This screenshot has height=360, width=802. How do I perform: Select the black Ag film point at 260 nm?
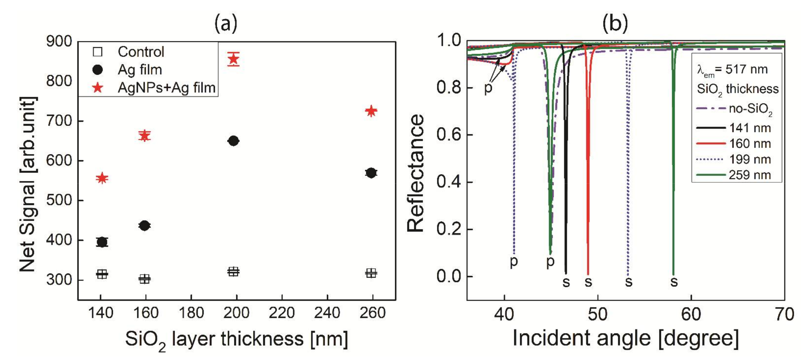371,173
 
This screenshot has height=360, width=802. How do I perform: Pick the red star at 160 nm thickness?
144,136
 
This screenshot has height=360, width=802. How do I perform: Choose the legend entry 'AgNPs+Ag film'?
166,88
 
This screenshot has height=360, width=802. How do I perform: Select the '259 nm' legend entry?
750,175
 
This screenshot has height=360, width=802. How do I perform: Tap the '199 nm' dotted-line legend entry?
750,159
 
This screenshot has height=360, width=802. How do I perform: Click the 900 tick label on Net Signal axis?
59,41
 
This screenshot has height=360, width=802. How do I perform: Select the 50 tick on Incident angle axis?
597,314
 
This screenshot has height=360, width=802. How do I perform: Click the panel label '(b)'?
615,23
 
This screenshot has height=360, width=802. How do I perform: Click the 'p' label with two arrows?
488,88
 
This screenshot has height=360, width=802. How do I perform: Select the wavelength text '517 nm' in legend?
747,69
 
